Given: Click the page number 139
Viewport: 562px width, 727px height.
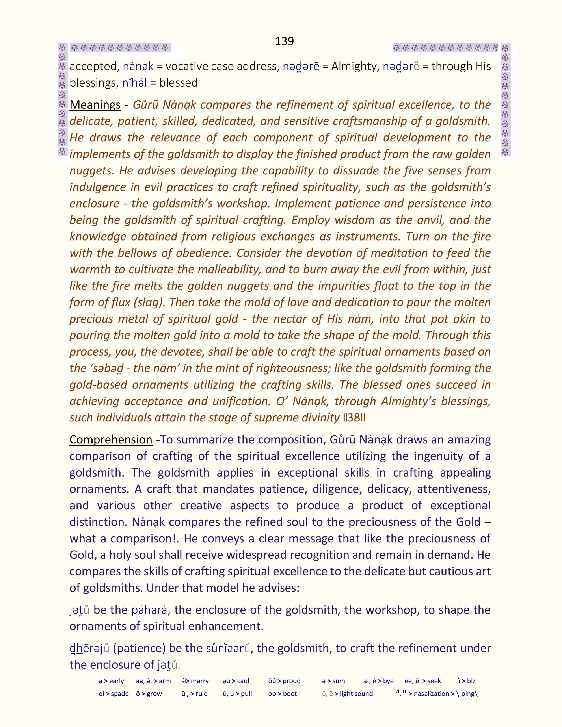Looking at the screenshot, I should point(284,41).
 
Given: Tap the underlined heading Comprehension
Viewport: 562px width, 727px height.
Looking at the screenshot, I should point(111,440).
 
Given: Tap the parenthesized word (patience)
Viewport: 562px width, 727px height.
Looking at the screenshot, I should point(140,648).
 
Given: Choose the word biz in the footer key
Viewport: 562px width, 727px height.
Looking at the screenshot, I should point(471,681).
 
